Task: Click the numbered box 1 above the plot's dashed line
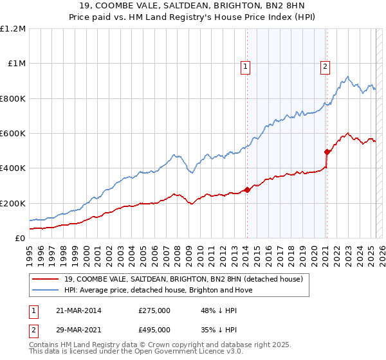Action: click(x=246, y=66)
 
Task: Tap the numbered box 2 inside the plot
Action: click(x=326, y=66)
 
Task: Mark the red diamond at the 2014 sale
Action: click(x=247, y=190)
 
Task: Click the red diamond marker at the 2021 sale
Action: click(x=327, y=152)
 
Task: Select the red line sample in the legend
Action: click(x=46, y=279)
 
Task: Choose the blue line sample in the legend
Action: click(x=46, y=290)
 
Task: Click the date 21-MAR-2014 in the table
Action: click(x=75, y=310)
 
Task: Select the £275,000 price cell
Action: click(x=154, y=310)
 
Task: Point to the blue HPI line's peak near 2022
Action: click(x=347, y=77)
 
